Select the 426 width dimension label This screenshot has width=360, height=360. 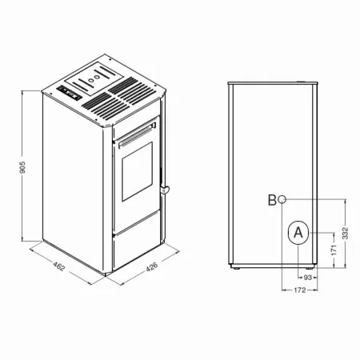pos(150,270)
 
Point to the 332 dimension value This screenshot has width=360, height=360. pos(345,234)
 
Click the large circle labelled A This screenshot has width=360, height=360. pos(297,233)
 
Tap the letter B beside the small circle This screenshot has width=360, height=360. pos(272,200)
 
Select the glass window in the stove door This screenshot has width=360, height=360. pos(136,174)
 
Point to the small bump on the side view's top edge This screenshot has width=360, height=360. pos(303,81)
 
